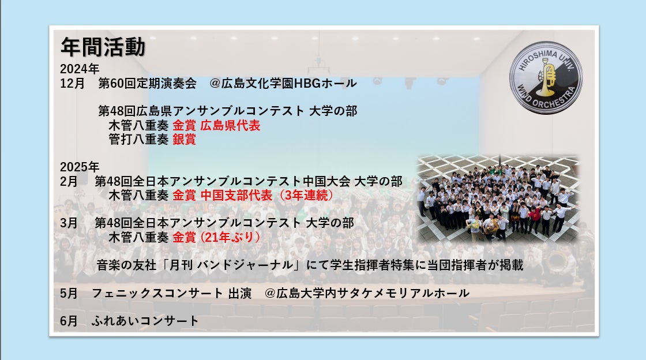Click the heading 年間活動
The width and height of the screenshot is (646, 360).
[103, 47]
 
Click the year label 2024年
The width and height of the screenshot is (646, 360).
[80, 69]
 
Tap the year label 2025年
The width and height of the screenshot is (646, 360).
[80, 167]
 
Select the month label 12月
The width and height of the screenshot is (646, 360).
[72, 83]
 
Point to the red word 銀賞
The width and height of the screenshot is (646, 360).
[184, 139]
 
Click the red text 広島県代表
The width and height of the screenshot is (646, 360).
[230, 125]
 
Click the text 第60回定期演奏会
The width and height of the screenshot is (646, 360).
[148, 83]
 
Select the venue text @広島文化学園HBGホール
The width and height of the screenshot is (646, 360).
[283, 83]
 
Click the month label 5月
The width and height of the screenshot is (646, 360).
[69, 293]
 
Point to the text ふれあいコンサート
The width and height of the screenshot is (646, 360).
[145, 321]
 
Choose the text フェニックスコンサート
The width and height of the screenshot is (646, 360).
[157, 293]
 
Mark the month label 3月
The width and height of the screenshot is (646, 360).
[69, 223]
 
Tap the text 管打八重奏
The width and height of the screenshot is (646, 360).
[138, 139]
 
